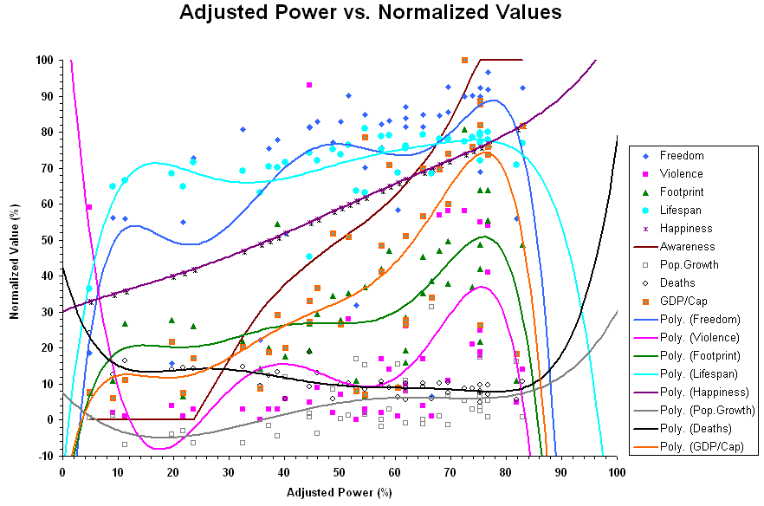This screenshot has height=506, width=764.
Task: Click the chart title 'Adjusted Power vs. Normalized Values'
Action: coord(371,13)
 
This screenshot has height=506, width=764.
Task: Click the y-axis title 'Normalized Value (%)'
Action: coord(15,258)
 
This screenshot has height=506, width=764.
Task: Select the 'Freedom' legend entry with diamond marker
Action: coord(681,156)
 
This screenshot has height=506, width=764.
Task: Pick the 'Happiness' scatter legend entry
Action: coord(686,229)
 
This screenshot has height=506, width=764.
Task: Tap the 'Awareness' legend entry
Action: coord(687,247)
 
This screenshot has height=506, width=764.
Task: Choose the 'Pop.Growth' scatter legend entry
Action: coord(689,265)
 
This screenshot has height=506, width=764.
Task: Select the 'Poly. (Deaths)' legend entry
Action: coord(696,429)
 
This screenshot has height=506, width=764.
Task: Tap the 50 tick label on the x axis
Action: coord(340,471)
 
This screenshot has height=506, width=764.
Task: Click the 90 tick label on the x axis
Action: coord(561,471)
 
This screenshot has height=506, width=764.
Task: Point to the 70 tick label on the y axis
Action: coord(44,168)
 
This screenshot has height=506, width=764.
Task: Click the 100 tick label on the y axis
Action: coord(42,60)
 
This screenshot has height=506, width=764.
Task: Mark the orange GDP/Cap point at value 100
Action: coord(465,60)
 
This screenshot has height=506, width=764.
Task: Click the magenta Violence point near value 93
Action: coord(309,85)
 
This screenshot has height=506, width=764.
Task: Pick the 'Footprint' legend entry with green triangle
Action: coord(683,192)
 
